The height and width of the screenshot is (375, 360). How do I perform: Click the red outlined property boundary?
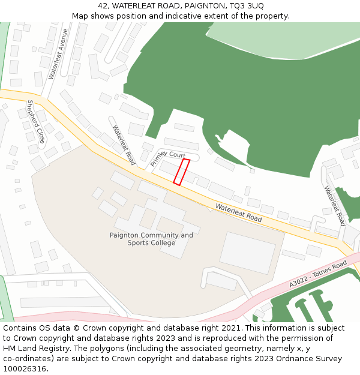tap(182, 172)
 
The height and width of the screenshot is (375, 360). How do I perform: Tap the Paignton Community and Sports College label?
tap(151, 239)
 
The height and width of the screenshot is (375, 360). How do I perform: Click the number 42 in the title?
tap(103, 6)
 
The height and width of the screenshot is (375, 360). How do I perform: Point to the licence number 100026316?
tap(25, 368)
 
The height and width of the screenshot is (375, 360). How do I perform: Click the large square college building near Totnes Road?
tap(247, 253)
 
